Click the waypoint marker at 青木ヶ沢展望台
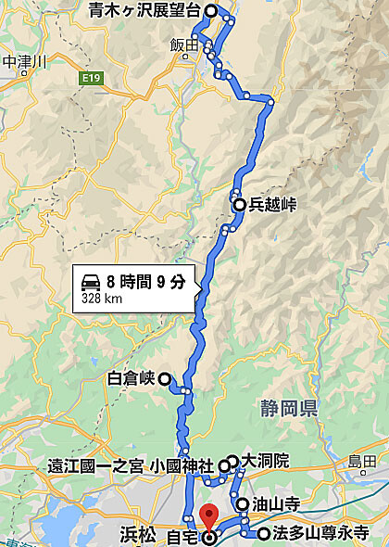pyautogui.click(x=211, y=11)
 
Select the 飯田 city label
pyautogui.click(x=184, y=45)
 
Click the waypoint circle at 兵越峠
pyautogui.click(x=239, y=205)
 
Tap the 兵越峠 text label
pyautogui.click(x=272, y=205)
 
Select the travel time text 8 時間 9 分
pyautogui.click(x=146, y=281)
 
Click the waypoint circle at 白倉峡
pyautogui.click(x=164, y=378)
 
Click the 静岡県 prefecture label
pyautogui.click(x=291, y=406)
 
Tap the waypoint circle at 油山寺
pyautogui.click(x=243, y=504)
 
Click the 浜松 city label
pyautogui.click(x=137, y=533)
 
